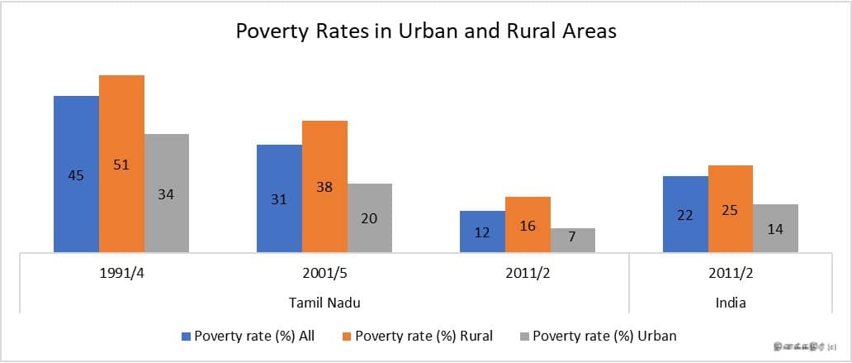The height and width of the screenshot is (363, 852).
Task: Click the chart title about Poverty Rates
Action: click(x=426, y=31)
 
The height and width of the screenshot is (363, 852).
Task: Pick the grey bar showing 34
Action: click(x=166, y=193)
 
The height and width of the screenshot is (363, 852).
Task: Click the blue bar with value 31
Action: click(x=279, y=198)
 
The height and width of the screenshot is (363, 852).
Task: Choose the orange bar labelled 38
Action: click(x=324, y=187)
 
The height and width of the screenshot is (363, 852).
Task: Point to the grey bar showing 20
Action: click(x=369, y=217)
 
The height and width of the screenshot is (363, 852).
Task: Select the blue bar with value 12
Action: click(x=482, y=232)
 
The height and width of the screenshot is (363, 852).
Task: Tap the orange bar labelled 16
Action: click(x=528, y=224)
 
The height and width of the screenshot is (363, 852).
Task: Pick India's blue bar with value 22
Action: click(x=685, y=214)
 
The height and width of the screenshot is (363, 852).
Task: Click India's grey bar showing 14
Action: click(x=775, y=228)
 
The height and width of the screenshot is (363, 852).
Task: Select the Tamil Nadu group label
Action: click(x=324, y=302)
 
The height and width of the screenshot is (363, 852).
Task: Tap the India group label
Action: click(x=730, y=302)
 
